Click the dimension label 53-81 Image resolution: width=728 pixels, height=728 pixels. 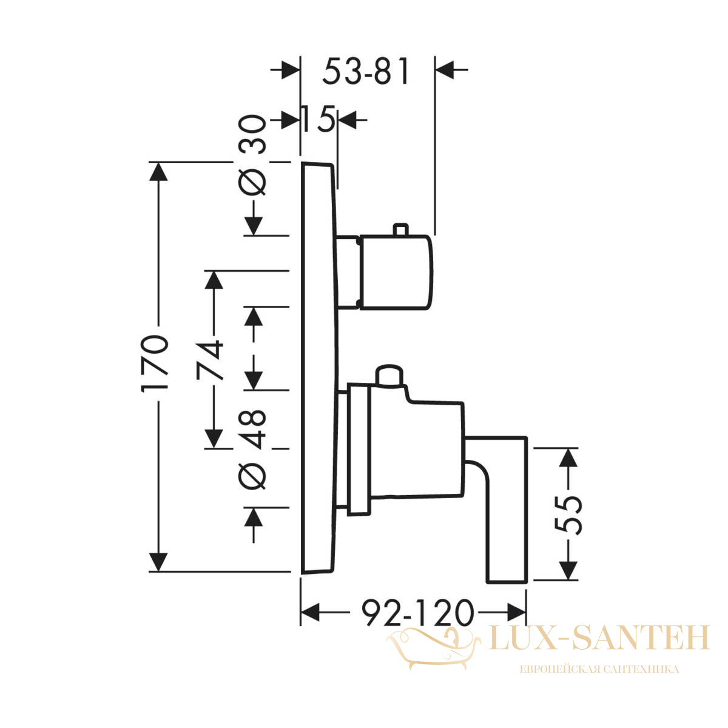(x=365, y=71)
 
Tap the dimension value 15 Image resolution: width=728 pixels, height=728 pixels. (x=318, y=119)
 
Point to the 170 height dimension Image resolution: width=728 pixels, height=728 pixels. (x=154, y=363)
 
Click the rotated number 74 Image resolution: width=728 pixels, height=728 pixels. (x=209, y=360)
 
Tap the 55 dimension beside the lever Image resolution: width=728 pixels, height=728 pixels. (x=568, y=515)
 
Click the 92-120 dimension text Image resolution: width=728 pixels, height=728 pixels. (x=417, y=613)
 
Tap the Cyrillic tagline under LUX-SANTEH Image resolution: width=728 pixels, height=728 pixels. (x=599, y=669)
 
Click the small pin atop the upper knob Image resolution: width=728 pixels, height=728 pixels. (x=400, y=229)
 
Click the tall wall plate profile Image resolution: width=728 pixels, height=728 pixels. (x=318, y=372)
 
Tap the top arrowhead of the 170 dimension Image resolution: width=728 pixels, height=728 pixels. (x=158, y=172)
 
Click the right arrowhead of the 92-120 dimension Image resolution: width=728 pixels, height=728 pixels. (x=517, y=612)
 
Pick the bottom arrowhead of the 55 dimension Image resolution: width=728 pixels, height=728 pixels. (x=568, y=570)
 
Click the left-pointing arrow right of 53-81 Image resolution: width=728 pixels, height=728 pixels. (x=452, y=70)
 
